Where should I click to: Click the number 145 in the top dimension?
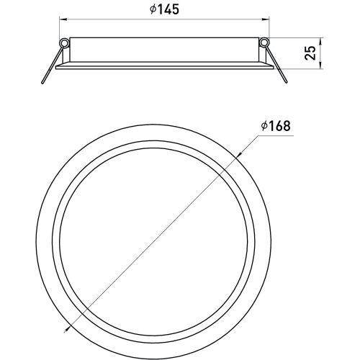pos(169,9)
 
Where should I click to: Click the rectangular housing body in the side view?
pos(164,49)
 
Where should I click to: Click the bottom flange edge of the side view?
pos(164,71)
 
